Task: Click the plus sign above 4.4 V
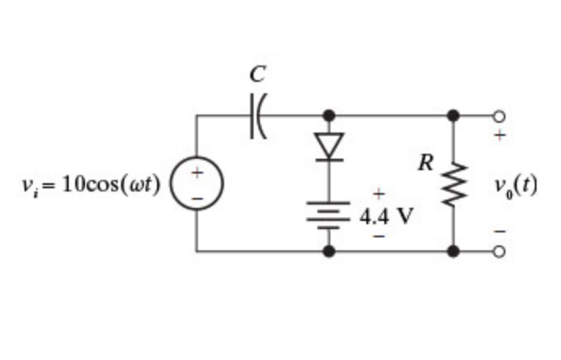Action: [378, 195]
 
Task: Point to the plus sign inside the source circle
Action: [196, 173]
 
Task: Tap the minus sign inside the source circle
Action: [196, 198]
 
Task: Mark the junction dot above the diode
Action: [329, 115]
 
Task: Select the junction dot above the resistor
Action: [452, 115]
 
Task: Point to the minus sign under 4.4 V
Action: [378, 237]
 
